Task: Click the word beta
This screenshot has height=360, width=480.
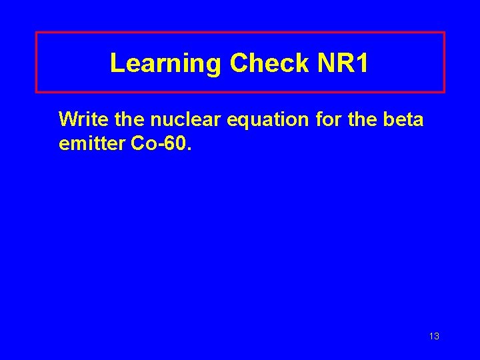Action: click(x=406, y=119)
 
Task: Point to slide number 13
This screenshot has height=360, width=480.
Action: click(x=434, y=337)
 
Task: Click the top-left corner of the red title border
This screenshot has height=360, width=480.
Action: click(x=36, y=33)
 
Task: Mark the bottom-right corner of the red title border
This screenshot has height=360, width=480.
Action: click(x=443, y=91)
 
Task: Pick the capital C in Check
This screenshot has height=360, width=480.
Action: click(x=239, y=63)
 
